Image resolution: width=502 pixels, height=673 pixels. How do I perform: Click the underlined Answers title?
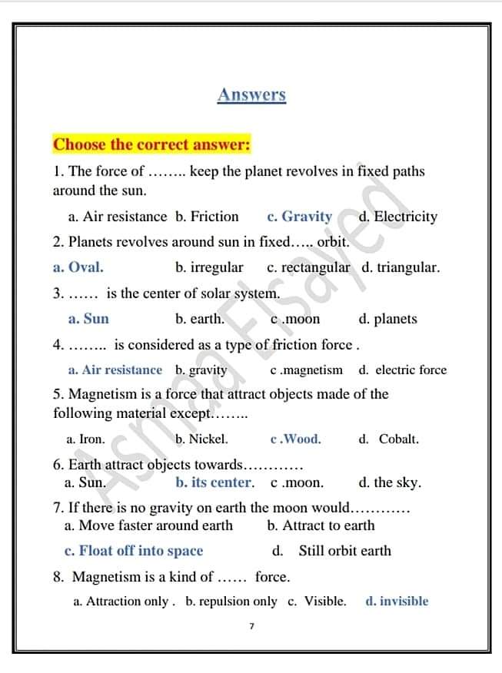pyautogui.click(x=251, y=95)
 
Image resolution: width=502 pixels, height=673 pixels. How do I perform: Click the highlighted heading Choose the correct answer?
pyautogui.click(x=151, y=144)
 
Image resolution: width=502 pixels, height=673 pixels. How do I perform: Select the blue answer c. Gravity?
pyautogui.click(x=299, y=217)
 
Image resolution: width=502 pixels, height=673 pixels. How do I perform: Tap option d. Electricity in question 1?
pyautogui.click(x=397, y=217)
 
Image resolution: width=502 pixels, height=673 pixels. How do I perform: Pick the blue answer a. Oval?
pyautogui.click(x=78, y=268)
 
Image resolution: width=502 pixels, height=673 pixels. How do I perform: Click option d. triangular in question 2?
pyautogui.click(x=401, y=268)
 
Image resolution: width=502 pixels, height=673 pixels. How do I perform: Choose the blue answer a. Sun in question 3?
pyautogui.click(x=88, y=319)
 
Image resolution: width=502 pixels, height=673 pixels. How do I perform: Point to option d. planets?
pyautogui.click(x=387, y=319)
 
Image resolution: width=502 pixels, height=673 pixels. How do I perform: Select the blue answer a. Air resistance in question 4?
pyautogui.click(x=115, y=370)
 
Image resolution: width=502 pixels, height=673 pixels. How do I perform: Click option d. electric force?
pyautogui.click(x=402, y=370)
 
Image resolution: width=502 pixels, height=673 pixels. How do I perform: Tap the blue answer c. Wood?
pyautogui.click(x=296, y=439)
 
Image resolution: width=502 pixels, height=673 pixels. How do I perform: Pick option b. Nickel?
pyautogui.click(x=201, y=439)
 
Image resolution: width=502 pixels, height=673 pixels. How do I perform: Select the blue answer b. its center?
pyautogui.click(x=214, y=483)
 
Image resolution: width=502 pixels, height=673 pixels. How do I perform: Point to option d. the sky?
pyautogui.click(x=390, y=483)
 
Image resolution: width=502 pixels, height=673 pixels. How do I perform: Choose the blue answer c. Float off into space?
pyautogui.click(x=134, y=551)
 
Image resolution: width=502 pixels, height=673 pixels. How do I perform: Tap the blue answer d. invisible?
pyautogui.click(x=397, y=602)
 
